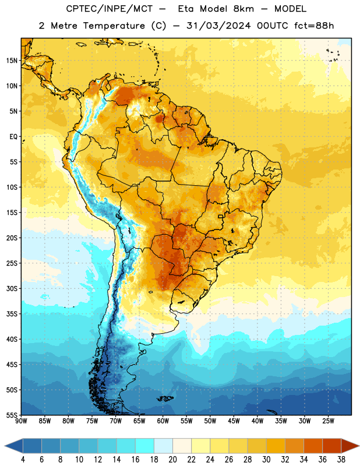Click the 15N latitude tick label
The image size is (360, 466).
[x=12, y=61]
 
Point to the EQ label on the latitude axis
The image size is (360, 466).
[x=13, y=137]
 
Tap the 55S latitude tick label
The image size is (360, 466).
[x=12, y=415]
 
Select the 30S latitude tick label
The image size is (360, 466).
[x=12, y=288]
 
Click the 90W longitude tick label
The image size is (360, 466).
[x=21, y=421]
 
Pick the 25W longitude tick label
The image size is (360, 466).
[x=328, y=421]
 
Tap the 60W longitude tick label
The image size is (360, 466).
[x=163, y=421]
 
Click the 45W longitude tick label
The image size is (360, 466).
[x=234, y=421]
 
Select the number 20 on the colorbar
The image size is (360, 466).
[x=172, y=460]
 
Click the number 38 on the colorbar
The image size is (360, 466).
[x=341, y=460]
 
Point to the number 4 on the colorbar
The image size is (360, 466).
[x=23, y=460]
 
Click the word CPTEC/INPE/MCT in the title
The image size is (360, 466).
[x=110, y=9]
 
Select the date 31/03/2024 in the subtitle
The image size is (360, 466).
[x=218, y=26]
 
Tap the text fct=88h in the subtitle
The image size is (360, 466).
[x=314, y=26]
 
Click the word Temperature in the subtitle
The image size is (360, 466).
[x=114, y=26]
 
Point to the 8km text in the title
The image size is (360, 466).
[x=243, y=9]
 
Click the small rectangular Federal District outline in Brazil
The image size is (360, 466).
[x=221, y=216]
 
